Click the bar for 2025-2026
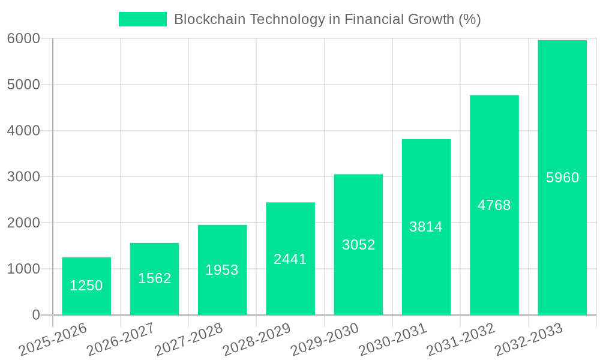(86, 286)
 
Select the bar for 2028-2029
(290, 259)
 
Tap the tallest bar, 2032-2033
(562, 178)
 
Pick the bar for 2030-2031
(426, 227)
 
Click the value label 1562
(155, 278)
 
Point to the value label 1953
(222, 270)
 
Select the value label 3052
(358, 245)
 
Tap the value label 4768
(494, 205)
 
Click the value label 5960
(562, 178)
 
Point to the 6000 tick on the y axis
(23, 38)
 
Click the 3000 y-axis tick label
(23, 177)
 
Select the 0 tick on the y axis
(36, 315)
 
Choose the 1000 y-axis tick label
(23, 269)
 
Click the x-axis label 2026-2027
(121, 340)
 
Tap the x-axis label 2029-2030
(325, 340)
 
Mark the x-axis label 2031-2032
(461, 340)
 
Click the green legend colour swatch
(143, 19)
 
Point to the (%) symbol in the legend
(469, 19)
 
